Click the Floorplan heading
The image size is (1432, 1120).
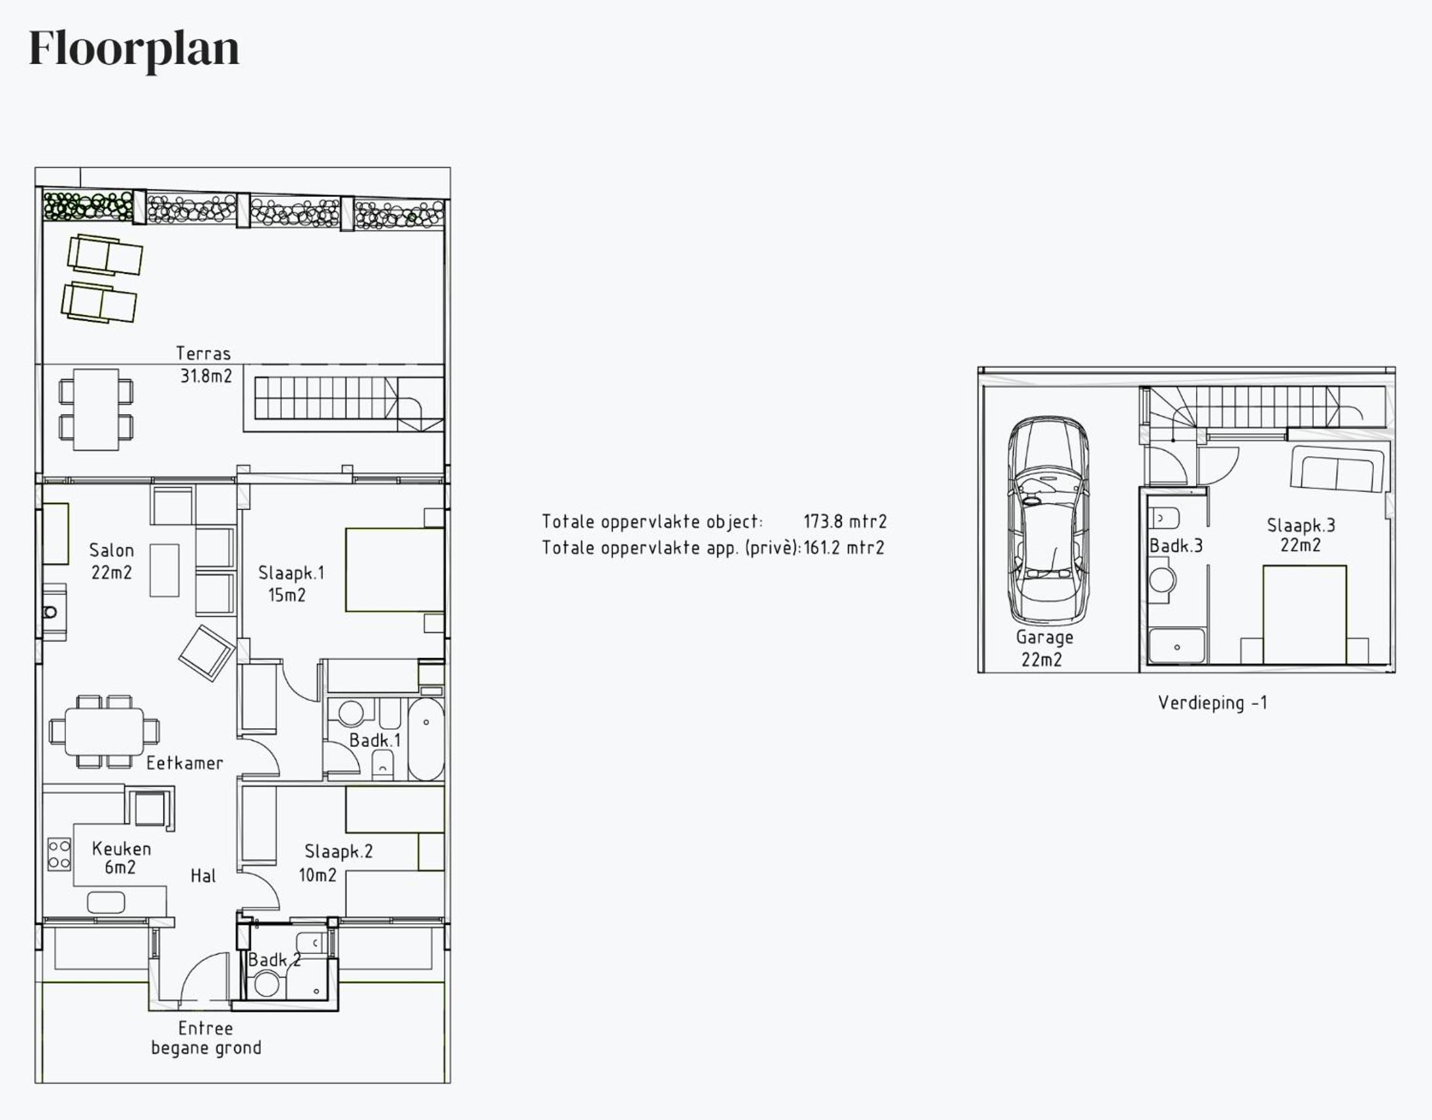click(135, 50)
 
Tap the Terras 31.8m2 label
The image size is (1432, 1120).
click(205, 365)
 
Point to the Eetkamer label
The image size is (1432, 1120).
click(184, 763)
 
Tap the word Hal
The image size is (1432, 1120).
click(203, 876)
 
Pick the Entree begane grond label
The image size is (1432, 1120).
click(206, 1038)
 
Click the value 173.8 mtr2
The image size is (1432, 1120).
click(845, 522)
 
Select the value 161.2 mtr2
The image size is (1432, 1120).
click(844, 547)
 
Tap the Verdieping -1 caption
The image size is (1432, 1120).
click(1212, 703)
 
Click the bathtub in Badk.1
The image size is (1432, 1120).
click(426, 739)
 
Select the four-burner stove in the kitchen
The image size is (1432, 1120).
click(59, 855)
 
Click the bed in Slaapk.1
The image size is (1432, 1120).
click(395, 570)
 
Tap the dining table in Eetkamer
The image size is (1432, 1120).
click(105, 731)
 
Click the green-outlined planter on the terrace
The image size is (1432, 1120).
click(88, 207)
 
